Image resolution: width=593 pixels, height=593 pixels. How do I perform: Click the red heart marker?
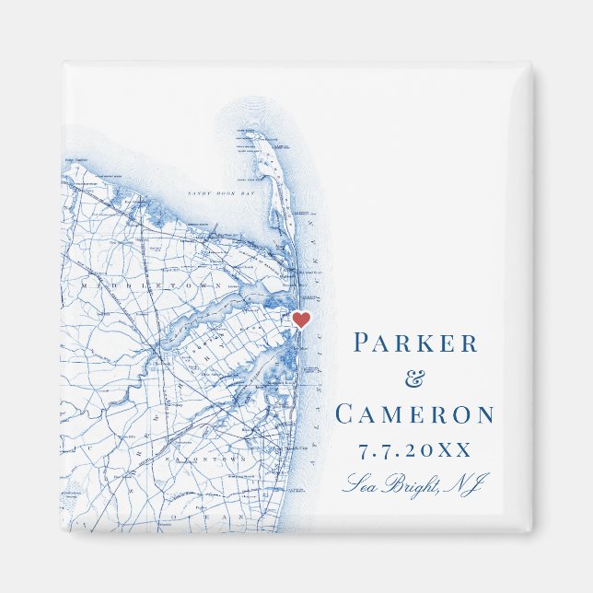coord(300,320)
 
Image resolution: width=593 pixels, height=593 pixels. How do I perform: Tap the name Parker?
coord(416,343)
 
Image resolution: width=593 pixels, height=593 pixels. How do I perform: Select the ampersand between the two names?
coord(416,378)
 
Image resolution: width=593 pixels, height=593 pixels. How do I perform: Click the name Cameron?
coord(415,414)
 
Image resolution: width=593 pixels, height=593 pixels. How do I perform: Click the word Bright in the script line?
coord(410,483)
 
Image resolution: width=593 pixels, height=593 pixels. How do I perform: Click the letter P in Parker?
coord(362,343)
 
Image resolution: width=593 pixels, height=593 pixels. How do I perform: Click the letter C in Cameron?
coord(345,414)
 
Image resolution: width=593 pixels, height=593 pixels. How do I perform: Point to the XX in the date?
coord(455,449)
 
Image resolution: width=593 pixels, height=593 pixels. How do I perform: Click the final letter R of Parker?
coord(471,343)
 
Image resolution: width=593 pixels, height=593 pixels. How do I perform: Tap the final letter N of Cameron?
coord(484,414)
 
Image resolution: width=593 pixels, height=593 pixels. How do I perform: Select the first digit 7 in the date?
coord(361,449)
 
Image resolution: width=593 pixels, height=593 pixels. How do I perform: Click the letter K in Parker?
coord(428,343)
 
